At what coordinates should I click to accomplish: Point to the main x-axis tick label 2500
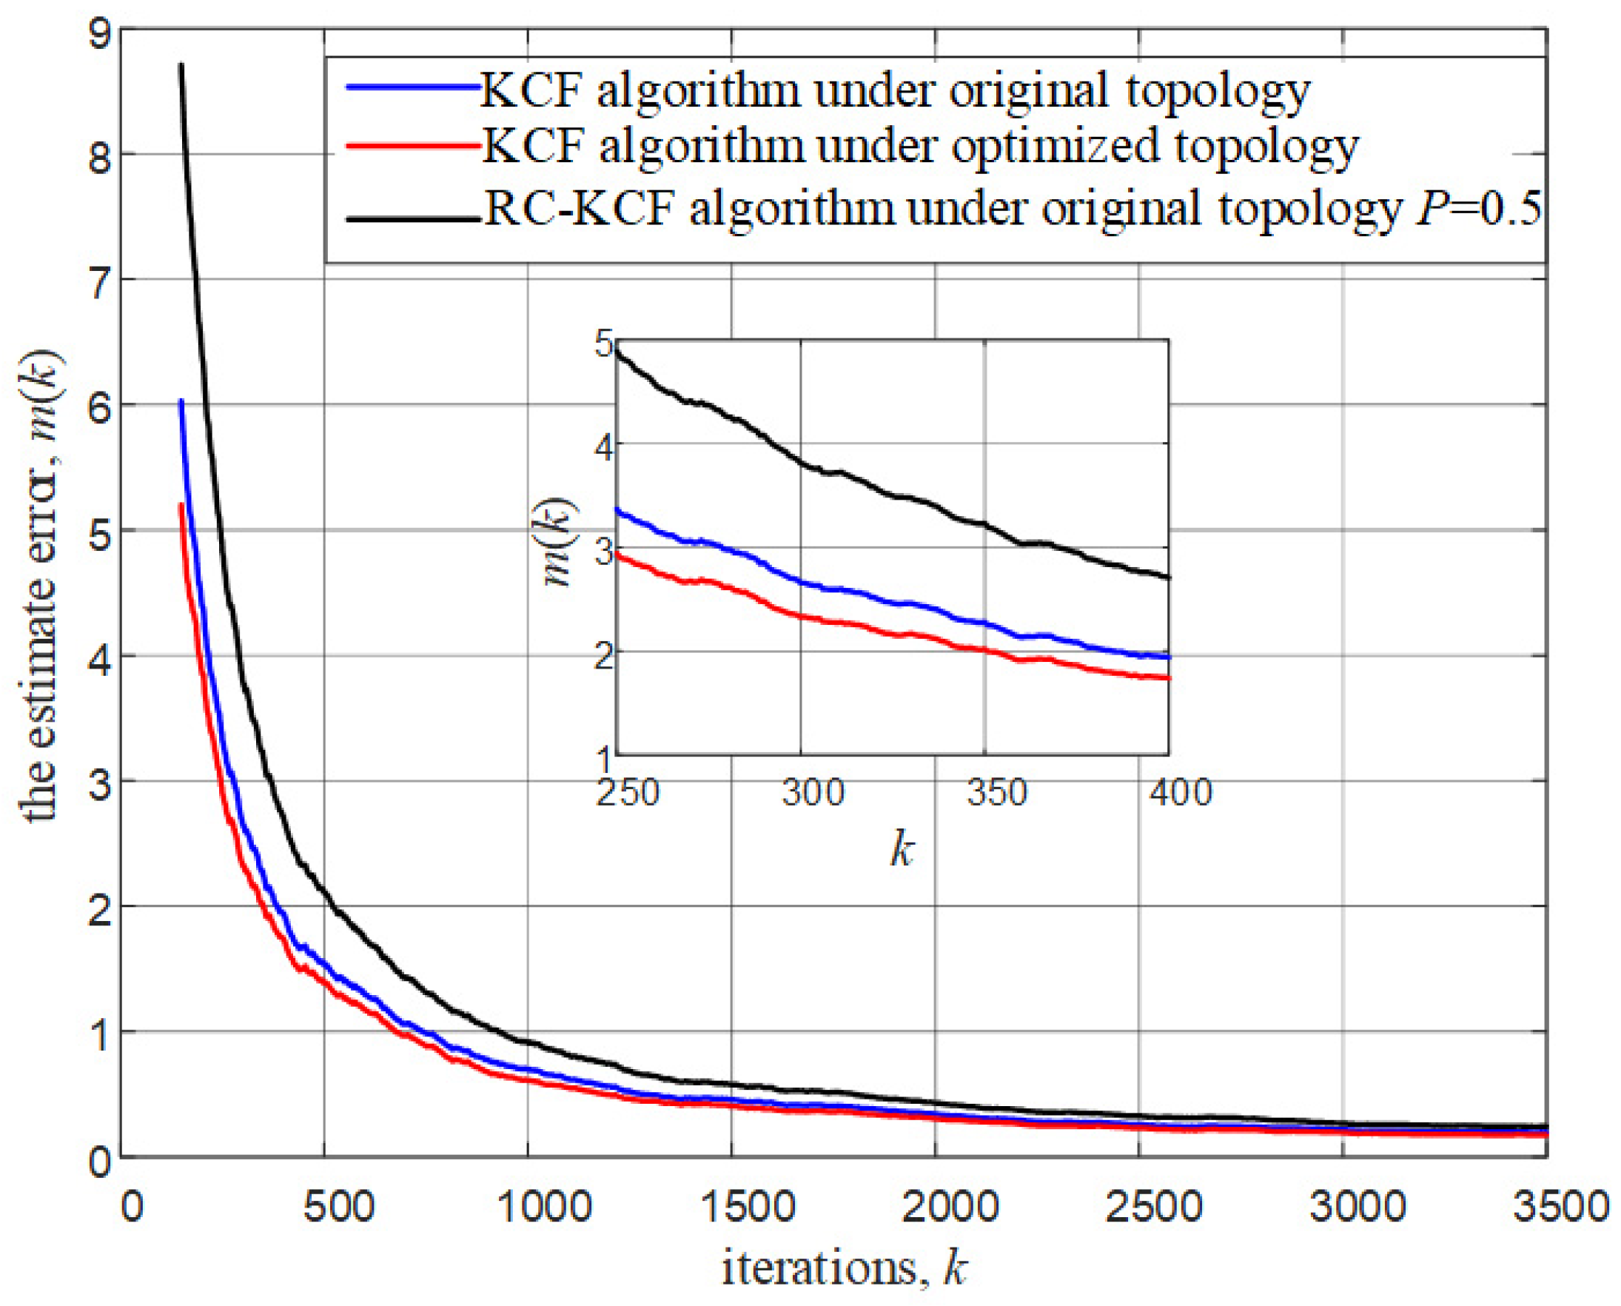coord(1152,1208)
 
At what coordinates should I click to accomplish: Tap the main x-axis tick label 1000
coord(545,1208)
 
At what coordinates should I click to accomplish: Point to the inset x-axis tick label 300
coord(813,793)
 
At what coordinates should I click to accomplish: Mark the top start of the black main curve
coord(181,65)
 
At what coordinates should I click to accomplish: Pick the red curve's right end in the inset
coord(1168,678)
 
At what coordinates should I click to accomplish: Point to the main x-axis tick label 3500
coord(1561,1208)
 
